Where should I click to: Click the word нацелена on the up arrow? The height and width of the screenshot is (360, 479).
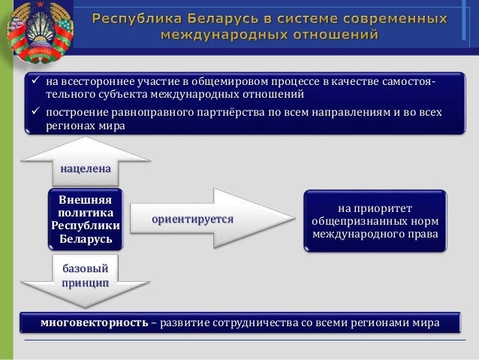[86, 170]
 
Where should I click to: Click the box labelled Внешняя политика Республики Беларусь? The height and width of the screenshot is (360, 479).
[86, 219]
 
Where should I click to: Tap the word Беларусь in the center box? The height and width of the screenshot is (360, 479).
[86, 240]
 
